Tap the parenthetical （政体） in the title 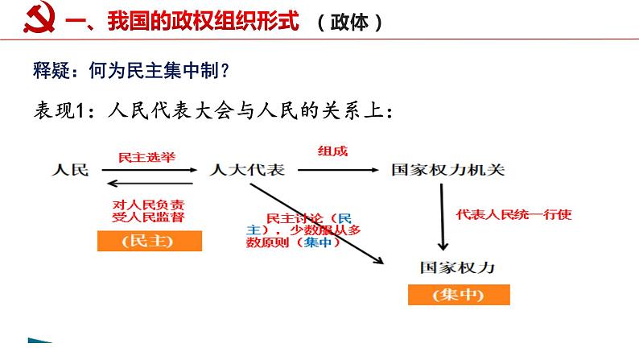pos(348,23)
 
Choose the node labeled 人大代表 pos(246,170)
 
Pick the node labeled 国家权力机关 pos(448,170)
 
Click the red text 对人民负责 pos(146,205)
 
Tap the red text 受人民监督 pos(146,218)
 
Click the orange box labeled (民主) pos(146,241)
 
